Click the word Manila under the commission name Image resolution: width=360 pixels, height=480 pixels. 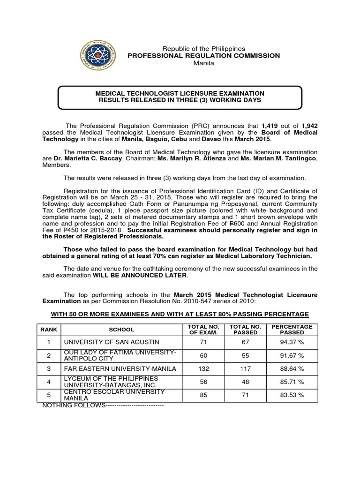(203, 63)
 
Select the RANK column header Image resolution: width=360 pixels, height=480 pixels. (48, 330)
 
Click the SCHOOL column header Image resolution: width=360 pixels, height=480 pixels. (121, 330)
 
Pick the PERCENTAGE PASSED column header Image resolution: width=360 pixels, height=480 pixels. (292, 330)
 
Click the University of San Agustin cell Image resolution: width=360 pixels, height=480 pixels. (112, 343)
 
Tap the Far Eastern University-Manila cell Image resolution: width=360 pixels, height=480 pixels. (120, 369)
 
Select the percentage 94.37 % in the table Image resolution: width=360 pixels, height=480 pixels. (292, 343)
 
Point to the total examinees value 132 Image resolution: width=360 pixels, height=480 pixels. (203, 369)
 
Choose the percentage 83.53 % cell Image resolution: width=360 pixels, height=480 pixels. (292, 395)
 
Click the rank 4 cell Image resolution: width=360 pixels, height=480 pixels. (48, 382)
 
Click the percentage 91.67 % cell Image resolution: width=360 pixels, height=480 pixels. (292, 356)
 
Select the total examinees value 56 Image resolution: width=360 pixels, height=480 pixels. (203, 382)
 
